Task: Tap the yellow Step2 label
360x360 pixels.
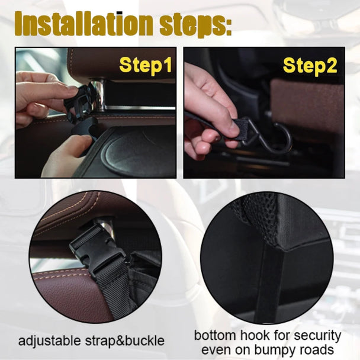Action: pyautogui.click(x=310, y=65)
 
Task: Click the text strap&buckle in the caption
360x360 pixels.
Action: pyautogui.click(x=126, y=341)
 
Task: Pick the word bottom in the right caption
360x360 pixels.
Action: pyautogui.click(x=216, y=336)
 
